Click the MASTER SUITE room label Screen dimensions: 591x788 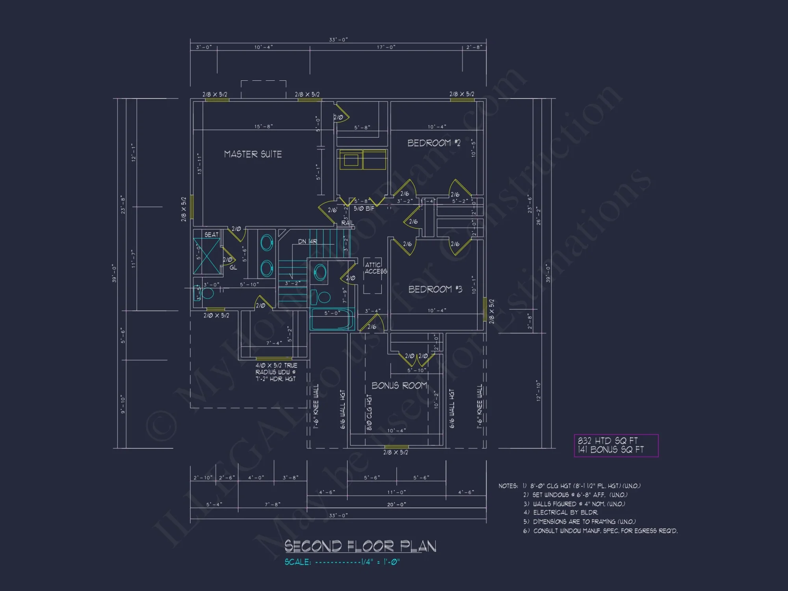253,154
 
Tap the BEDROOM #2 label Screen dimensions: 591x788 433,143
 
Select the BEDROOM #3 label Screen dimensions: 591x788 435,289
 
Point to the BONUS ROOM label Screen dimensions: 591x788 399,385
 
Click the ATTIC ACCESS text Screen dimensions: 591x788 375,268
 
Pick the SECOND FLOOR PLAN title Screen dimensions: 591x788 360,546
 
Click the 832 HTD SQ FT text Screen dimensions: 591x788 607,440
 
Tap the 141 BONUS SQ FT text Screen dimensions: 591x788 610,450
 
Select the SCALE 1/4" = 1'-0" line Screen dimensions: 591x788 342,562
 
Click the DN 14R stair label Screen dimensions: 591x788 307,242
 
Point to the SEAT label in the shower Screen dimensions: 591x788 211,234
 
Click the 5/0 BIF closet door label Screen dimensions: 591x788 364,208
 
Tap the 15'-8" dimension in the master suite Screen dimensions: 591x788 263,126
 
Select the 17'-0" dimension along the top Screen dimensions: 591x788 386,47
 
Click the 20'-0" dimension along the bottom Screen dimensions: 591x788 396,504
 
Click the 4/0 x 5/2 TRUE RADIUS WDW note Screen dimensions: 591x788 276,372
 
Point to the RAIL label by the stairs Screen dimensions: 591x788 348,223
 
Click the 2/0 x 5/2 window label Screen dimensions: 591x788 216,316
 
